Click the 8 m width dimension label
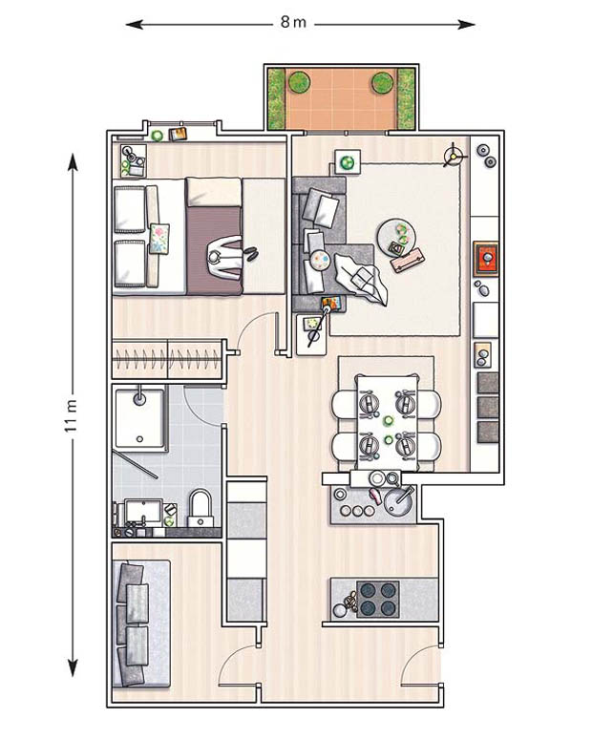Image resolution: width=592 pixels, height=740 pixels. coord(293,22)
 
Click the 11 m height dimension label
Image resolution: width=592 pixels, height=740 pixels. coord(71,415)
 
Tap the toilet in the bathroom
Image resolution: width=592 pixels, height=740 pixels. coord(201,508)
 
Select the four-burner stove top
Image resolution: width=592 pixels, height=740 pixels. coord(378,599)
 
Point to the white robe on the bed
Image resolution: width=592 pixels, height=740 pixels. coord(225,259)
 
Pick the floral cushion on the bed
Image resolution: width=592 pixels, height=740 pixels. coord(159,239)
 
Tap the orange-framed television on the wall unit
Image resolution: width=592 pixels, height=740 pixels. coord(486,259)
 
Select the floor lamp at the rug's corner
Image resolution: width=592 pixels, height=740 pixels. coord(454,155)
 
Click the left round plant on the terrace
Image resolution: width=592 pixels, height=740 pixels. coord(299,82)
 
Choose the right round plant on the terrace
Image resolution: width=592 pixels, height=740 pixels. coord(382,83)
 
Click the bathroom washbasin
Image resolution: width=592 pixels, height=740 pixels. coord(143,512)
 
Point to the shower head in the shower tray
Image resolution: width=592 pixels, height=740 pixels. coord(139,397)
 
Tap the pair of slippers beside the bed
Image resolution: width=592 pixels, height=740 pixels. coord(251,253)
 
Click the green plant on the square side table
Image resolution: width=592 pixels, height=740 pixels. coord(348,163)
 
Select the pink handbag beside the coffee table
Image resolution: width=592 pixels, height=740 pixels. coord(408,261)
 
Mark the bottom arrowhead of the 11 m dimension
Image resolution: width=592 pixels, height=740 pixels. coord(73,667)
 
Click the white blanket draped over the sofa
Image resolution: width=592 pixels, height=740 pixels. coord(362,279)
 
